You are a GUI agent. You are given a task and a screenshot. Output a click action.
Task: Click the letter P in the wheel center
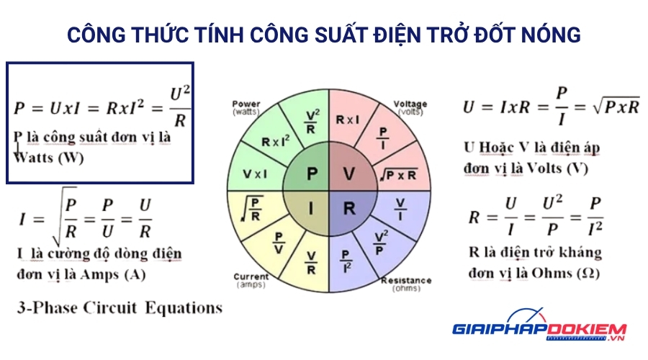[x=312, y=174]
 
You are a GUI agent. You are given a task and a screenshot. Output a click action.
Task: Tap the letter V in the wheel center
[x=348, y=174]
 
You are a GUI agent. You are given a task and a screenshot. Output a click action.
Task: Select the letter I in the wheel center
[x=312, y=209]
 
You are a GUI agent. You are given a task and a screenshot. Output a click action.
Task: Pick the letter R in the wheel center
[x=349, y=210]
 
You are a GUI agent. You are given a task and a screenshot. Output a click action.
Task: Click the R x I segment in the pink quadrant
[x=348, y=120]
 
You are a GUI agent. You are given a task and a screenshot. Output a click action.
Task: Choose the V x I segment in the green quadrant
[x=255, y=174]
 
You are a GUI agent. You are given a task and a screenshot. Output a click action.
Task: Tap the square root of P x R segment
[x=400, y=174]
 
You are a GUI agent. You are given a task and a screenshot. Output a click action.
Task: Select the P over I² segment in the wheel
[x=346, y=258]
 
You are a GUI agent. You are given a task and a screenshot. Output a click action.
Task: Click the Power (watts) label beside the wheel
[x=246, y=108]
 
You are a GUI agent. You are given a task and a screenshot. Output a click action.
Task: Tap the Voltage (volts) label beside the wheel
[x=410, y=108]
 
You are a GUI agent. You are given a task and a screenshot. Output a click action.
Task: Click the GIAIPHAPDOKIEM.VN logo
[x=539, y=330]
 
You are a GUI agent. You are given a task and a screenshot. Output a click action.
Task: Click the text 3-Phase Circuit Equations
[x=120, y=308]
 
